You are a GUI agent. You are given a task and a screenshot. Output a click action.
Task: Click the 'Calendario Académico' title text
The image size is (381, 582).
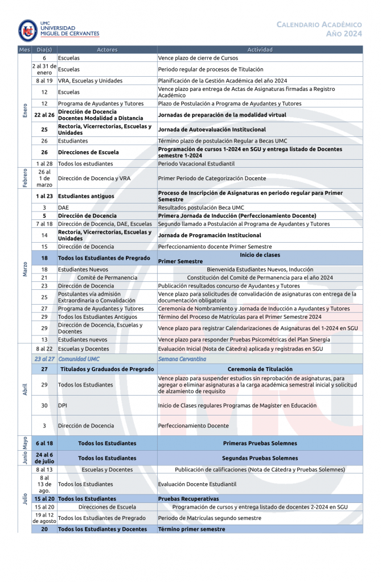pyautogui.click(x=319, y=25)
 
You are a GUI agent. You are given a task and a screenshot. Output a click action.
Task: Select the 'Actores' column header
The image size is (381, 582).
pyautogui.click(x=107, y=50)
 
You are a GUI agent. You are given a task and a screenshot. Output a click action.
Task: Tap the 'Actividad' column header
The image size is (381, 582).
pyautogui.click(x=260, y=50)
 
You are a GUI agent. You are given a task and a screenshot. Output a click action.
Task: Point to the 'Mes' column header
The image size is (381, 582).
pyautogui.click(x=24, y=50)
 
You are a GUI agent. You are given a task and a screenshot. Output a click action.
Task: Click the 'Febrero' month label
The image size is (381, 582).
pyautogui.click(x=24, y=178)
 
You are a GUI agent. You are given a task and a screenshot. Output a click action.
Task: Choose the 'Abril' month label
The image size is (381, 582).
pyautogui.click(x=24, y=390)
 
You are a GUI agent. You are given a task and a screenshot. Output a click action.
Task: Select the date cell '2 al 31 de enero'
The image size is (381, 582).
pyautogui.click(x=44, y=69)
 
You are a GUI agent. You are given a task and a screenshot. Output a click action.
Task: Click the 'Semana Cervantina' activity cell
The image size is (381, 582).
pyautogui.click(x=182, y=359)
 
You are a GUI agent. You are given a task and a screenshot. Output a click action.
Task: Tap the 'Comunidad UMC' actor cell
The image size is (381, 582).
pyautogui.click(x=79, y=359)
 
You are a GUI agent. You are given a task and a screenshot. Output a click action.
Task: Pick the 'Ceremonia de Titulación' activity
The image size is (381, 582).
pyautogui.click(x=260, y=369)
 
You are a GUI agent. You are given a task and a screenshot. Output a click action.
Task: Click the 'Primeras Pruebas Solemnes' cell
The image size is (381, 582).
pyautogui.click(x=260, y=443)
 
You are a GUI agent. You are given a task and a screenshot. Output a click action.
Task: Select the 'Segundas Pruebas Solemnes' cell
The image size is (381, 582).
pyautogui.click(x=260, y=458)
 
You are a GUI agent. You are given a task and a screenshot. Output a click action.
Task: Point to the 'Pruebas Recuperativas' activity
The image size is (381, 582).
pyautogui.click(x=189, y=498)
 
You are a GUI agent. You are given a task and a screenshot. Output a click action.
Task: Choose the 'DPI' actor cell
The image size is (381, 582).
pyautogui.click(x=63, y=405)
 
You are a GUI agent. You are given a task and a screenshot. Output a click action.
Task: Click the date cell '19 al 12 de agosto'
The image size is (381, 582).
pyautogui.click(x=44, y=518)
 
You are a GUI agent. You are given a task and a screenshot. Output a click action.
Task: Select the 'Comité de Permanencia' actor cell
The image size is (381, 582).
pyautogui.click(x=107, y=277)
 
